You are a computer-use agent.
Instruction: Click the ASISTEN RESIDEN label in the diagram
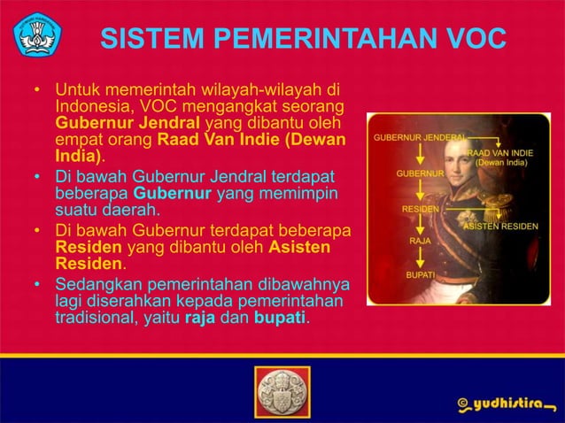(502, 227)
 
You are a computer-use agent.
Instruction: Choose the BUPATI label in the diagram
(420, 275)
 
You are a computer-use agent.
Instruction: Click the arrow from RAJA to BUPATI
(420, 258)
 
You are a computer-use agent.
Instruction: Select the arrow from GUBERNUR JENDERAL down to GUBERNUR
(420, 155)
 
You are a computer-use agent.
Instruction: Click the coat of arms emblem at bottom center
(282, 392)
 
